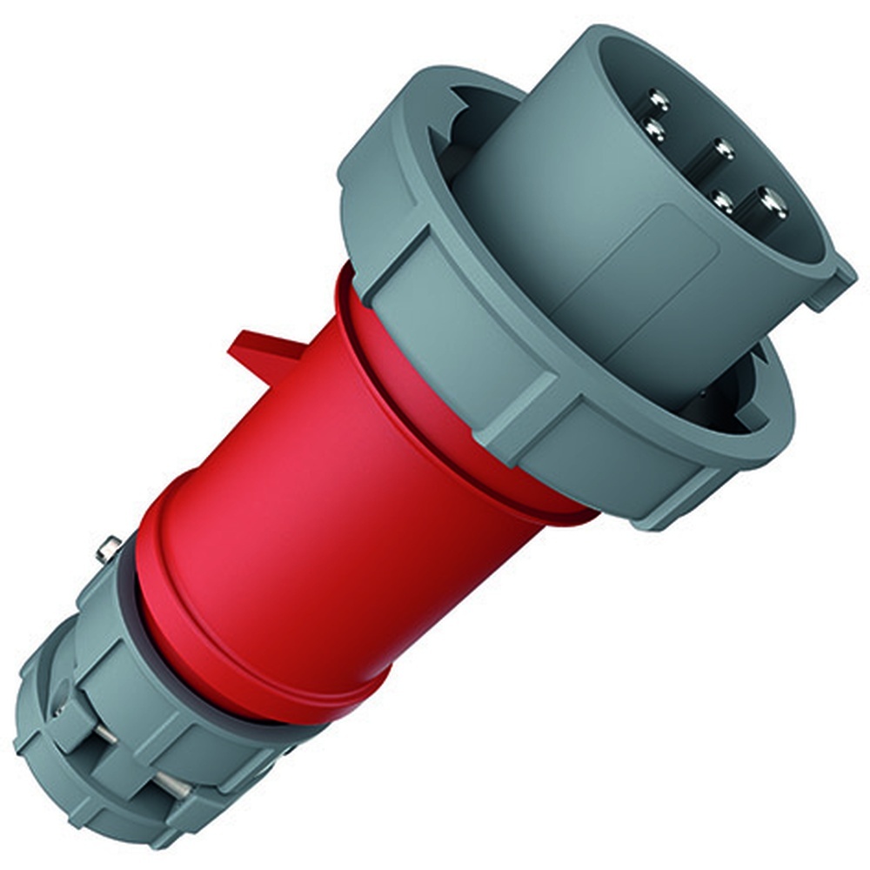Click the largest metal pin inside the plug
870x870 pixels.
(771, 203)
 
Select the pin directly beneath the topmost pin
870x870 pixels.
(652, 130)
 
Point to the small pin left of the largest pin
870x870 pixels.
(721, 200)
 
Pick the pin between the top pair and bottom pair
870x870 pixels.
(722, 150)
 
